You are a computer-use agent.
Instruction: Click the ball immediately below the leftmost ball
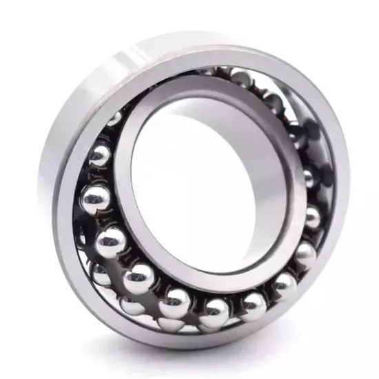tap(111, 241)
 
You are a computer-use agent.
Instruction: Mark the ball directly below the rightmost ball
tap(283, 283)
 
